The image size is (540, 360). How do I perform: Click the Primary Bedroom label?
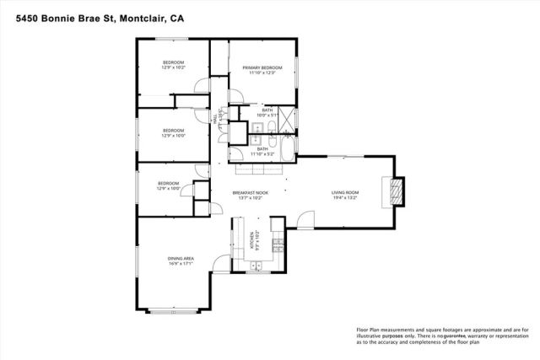pos(262,67)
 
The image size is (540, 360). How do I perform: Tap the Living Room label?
pos(344,193)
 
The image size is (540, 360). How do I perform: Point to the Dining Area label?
pos(181,258)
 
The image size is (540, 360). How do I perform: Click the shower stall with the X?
pos(288,120)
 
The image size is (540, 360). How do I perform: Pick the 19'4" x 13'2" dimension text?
pos(344,199)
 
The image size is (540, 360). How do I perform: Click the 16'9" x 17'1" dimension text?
pos(181,264)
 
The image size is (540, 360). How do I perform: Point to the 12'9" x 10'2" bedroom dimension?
pos(174,67)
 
